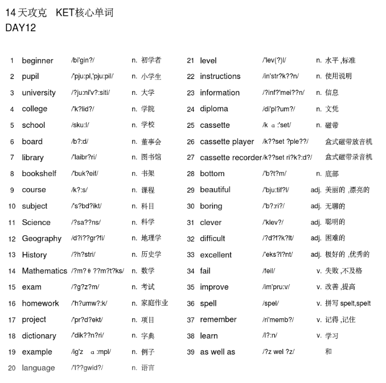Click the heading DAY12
click(20, 28)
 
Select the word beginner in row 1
click(38, 61)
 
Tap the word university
click(39, 93)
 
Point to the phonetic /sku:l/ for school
click(80, 125)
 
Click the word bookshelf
click(39, 174)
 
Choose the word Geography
click(42, 239)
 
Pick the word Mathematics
click(44, 271)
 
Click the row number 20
click(12, 368)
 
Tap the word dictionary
click(39, 336)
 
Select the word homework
click(40, 303)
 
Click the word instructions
click(220, 76)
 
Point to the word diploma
click(214, 109)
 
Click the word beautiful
click(215, 190)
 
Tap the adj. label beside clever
click(316, 222)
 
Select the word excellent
click(216, 255)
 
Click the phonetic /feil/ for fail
click(269, 271)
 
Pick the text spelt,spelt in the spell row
click(356, 303)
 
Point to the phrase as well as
click(217, 352)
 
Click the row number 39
click(191, 352)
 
